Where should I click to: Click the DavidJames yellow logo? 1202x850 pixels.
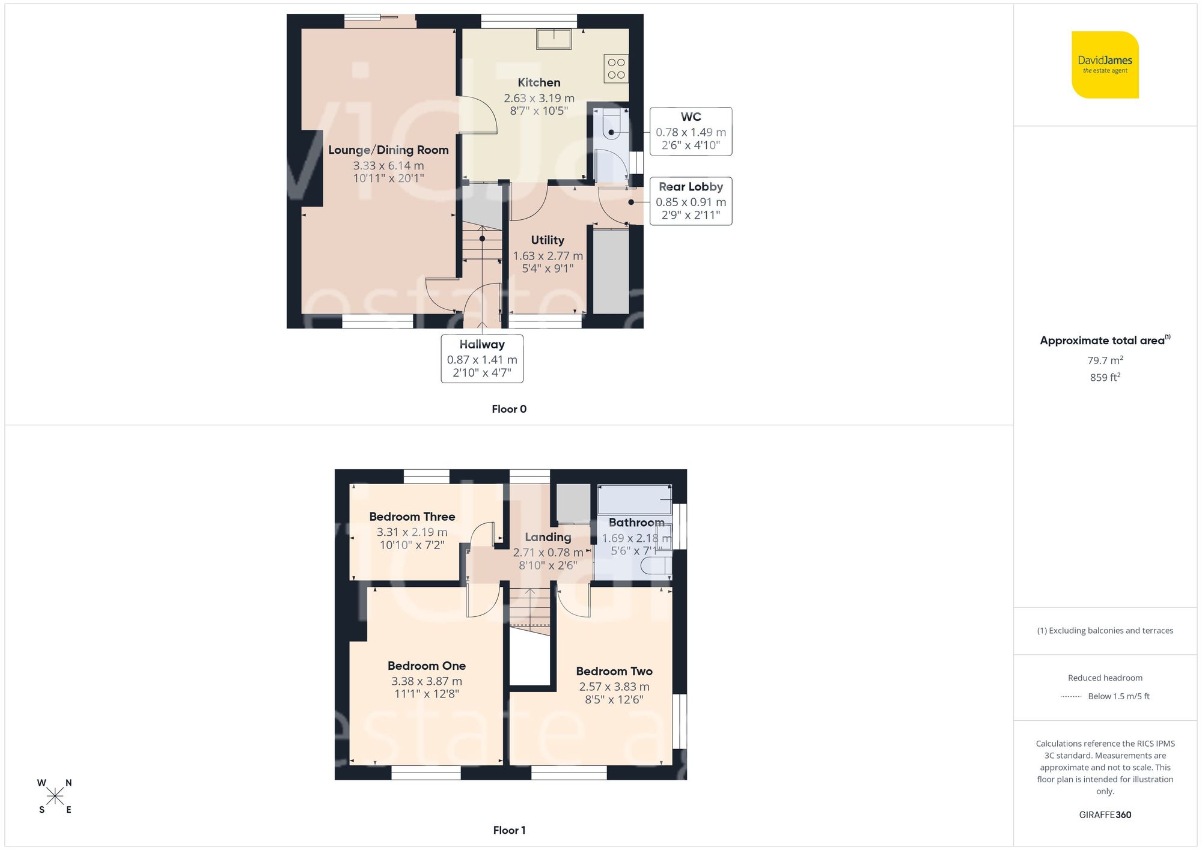(x=1105, y=65)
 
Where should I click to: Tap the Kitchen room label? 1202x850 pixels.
(x=539, y=83)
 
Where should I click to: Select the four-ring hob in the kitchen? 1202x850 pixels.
(x=616, y=68)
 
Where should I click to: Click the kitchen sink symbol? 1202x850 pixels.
(x=554, y=39)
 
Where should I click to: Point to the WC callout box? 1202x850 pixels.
(x=691, y=131)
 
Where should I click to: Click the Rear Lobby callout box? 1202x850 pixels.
(x=691, y=201)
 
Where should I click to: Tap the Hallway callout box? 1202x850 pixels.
(x=482, y=359)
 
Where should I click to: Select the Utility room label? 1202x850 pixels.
(x=548, y=240)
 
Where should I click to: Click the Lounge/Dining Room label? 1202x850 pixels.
(x=388, y=150)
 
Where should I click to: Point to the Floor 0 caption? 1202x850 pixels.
(x=509, y=409)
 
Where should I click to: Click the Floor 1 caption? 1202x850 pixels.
(x=509, y=830)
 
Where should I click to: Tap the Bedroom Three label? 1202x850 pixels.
(x=412, y=517)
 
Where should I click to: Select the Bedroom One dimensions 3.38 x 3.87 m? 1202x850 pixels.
(x=427, y=681)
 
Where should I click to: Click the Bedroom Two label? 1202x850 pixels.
(x=614, y=672)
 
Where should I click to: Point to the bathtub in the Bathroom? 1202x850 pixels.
(x=635, y=499)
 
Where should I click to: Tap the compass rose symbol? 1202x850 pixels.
(x=55, y=797)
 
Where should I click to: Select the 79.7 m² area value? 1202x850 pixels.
(x=1105, y=360)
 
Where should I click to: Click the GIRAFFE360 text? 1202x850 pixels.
(x=1105, y=815)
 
